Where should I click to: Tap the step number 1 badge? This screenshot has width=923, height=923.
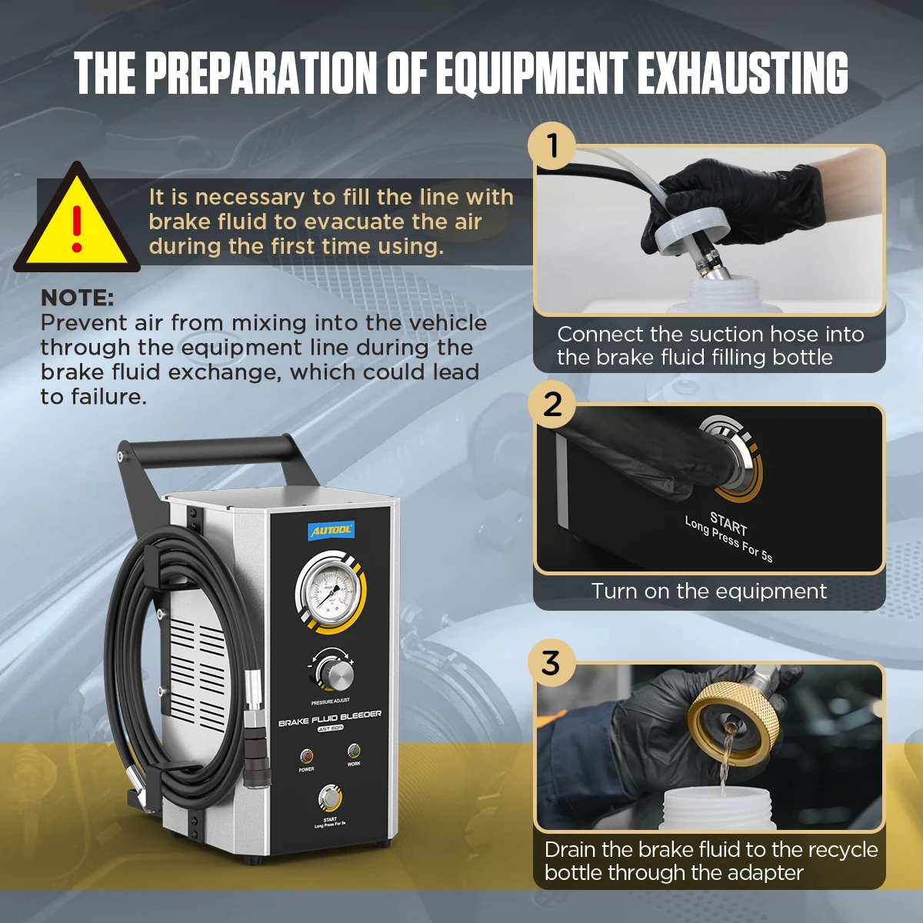552,145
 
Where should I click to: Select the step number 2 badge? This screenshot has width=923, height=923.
552,405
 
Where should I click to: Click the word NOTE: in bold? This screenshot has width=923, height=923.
77,298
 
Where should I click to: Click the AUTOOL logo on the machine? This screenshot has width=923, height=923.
331,530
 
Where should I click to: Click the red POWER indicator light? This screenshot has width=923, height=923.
307,756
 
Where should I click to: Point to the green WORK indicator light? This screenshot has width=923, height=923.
353,751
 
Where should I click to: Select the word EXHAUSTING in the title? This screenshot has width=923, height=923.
742,74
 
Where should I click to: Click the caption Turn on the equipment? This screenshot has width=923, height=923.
708,591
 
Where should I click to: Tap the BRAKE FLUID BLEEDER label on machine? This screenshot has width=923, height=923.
329,718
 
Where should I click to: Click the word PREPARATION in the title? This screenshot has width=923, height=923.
262,74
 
